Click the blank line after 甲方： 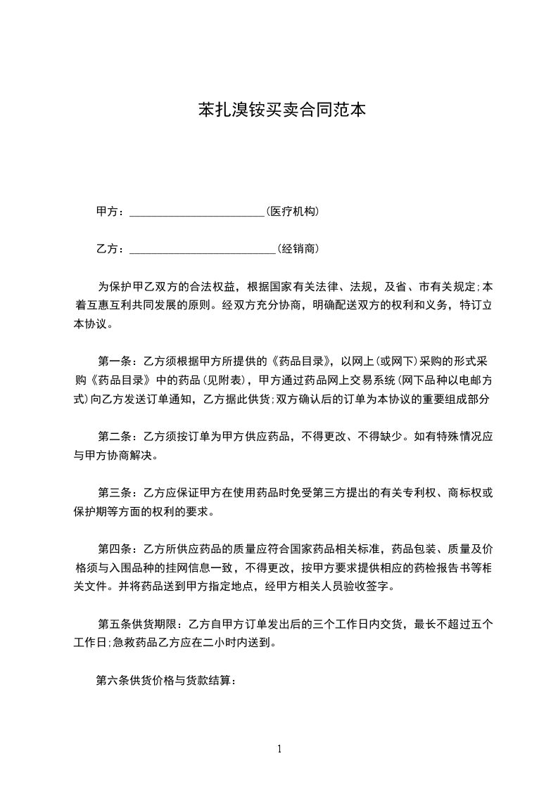(196, 212)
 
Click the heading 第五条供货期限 (137, 623)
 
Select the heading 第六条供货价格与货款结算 (165, 680)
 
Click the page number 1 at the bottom (279, 749)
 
